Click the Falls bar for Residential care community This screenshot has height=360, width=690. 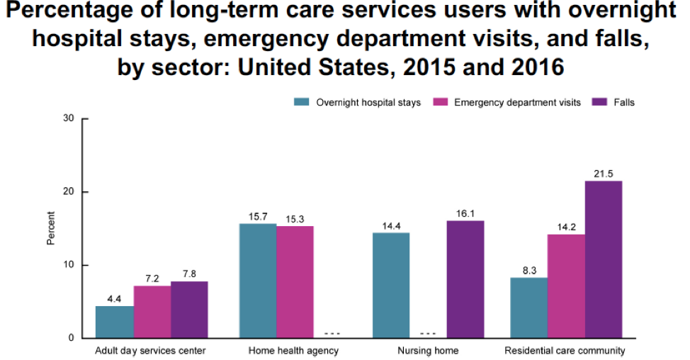coord(604,259)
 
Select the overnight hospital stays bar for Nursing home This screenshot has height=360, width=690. coord(391,285)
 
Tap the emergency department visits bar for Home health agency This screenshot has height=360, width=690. coord(295,282)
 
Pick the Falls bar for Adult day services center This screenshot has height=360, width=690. coord(189,310)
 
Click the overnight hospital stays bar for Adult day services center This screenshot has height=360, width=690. coord(114,322)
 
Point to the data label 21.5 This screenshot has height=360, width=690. coord(604,174)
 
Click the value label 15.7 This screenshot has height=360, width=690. coord(258,216)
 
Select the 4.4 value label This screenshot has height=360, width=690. coord(114,298)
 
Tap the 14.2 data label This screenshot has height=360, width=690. coord(567,227)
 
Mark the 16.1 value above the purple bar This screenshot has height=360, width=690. coord(465,213)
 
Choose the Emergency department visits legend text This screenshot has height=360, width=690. coord(517,102)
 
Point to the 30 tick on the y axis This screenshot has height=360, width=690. coord(69,118)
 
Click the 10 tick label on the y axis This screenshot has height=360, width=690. coord(69,265)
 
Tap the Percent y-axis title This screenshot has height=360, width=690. coord(51,228)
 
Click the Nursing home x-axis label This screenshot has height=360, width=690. coord(428,351)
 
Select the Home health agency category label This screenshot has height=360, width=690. coord(294,351)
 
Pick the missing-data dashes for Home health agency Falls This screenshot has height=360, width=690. coord(332,333)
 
